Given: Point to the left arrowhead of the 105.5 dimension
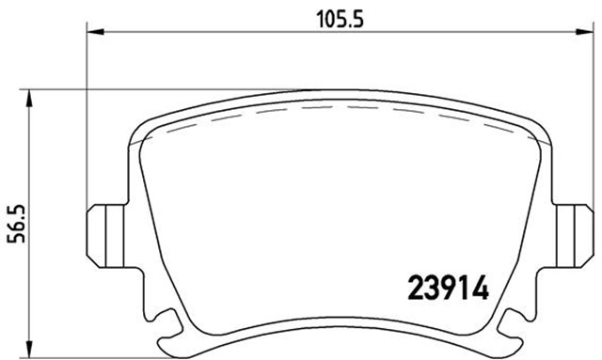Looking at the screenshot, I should [94, 34].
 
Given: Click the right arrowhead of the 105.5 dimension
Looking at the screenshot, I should [576, 34].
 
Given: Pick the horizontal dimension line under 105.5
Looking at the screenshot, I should [235, 34].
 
